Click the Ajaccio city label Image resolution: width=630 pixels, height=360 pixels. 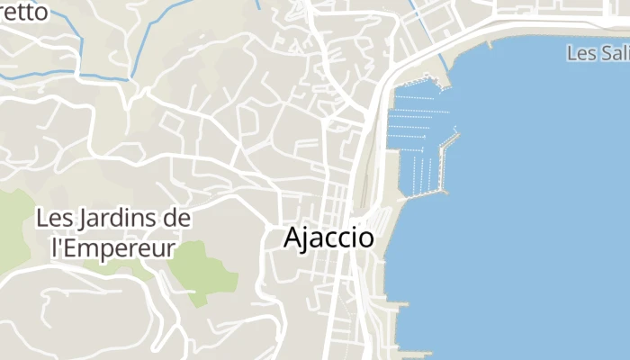[x=328, y=238]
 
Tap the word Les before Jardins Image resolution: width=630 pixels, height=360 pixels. [x=55, y=218]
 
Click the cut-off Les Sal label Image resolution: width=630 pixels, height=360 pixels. [x=598, y=53]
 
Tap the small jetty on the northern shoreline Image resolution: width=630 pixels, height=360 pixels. [x=489, y=42]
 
